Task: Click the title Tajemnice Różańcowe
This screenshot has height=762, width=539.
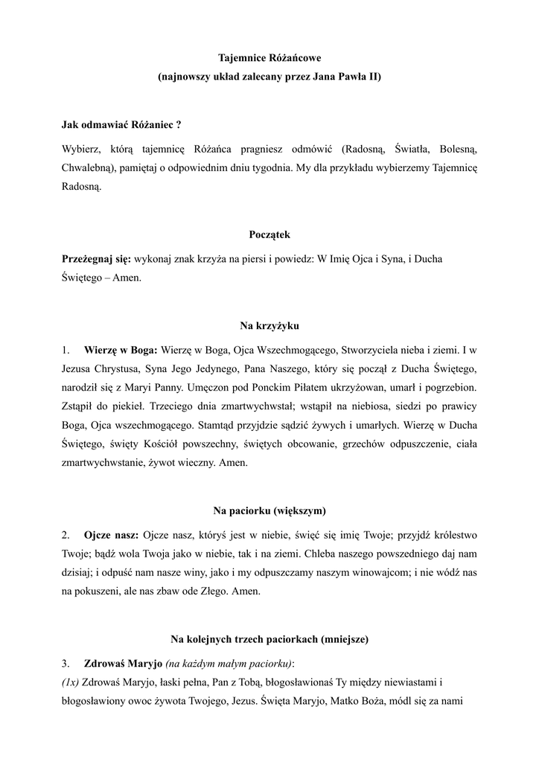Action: coord(269,57)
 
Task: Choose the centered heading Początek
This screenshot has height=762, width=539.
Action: coord(269,234)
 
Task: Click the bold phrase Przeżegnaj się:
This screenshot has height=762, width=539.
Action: coord(97,258)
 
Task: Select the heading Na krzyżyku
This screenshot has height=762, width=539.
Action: coord(269,325)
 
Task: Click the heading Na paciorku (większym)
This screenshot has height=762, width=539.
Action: coord(269,510)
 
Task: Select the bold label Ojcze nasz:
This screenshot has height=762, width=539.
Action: coord(112,535)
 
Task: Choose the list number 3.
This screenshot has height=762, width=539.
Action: coord(66,663)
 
